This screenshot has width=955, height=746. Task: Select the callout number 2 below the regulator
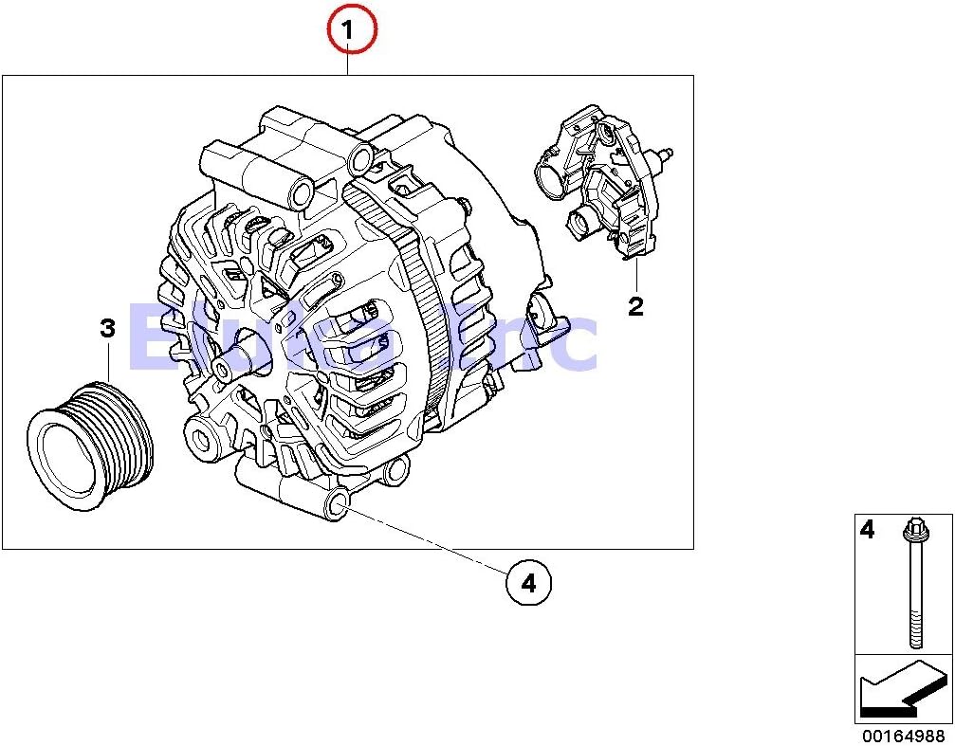635,305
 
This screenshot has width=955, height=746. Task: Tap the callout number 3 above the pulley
107,329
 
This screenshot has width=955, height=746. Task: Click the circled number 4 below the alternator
528,584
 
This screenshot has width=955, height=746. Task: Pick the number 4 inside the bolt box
867,529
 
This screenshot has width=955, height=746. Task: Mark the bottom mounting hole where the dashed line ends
334,506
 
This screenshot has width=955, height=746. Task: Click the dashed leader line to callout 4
427,541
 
